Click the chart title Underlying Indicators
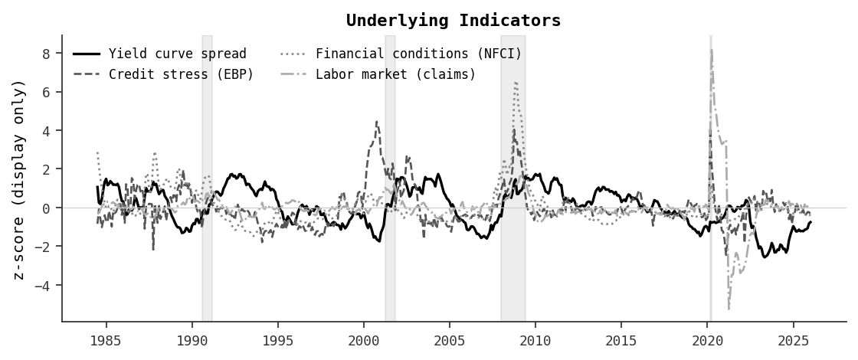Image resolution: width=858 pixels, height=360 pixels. click(x=454, y=21)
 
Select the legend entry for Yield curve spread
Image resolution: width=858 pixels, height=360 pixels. click(x=177, y=54)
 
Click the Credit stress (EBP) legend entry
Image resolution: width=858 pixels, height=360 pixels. click(x=181, y=74)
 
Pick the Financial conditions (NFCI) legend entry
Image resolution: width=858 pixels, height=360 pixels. click(x=418, y=54)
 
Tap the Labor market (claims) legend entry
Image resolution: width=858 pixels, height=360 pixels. click(x=395, y=74)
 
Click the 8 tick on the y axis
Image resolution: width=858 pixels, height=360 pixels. click(x=47, y=54)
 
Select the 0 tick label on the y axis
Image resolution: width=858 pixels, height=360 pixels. click(x=47, y=208)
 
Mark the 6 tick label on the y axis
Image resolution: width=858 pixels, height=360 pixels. click(x=47, y=92)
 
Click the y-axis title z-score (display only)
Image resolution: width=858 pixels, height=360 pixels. click(x=20, y=178)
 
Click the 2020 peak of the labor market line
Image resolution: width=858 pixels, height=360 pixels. click(x=712, y=50)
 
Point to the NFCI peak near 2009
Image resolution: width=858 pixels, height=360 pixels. click(x=516, y=82)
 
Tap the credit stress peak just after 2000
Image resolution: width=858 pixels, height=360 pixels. click(x=376, y=121)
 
